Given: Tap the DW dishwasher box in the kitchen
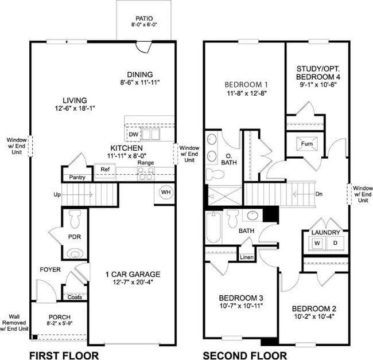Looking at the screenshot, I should click(x=133, y=134).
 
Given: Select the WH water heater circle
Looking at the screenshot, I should click(x=166, y=191).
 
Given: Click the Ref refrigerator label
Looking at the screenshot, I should click(x=104, y=169).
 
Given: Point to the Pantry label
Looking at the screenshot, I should click(x=77, y=177).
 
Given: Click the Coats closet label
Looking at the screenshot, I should click(x=74, y=297).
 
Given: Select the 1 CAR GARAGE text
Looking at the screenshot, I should click(x=133, y=274).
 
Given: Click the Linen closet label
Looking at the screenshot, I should click(x=247, y=257).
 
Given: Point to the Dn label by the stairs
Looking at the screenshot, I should click(x=319, y=194).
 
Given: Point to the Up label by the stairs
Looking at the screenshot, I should click(x=57, y=195).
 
